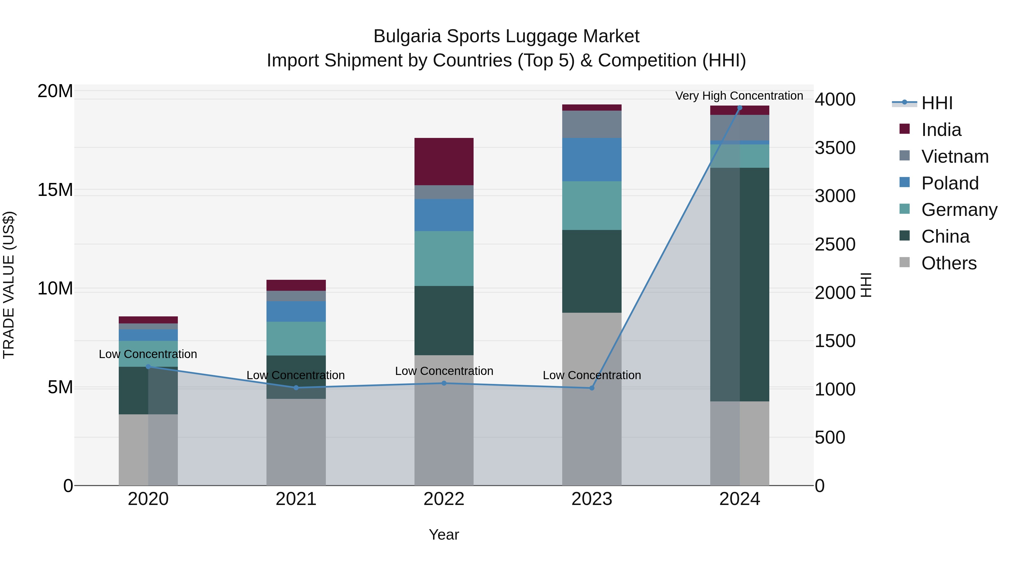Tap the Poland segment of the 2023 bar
[591, 159]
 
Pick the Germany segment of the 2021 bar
[296, 338]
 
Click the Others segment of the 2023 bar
[591, 399]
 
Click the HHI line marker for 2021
[296, 388]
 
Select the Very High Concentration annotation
[739, 96]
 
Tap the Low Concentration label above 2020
[148, 354]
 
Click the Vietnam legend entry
[954, 157]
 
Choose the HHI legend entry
[937, 103]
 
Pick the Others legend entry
[949, 263]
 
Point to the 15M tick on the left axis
[55, 190]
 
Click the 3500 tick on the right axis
[835, 148]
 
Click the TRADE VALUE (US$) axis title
[9, 285]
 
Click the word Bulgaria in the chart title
[407, 36]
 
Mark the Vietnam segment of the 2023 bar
[591, 124]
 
